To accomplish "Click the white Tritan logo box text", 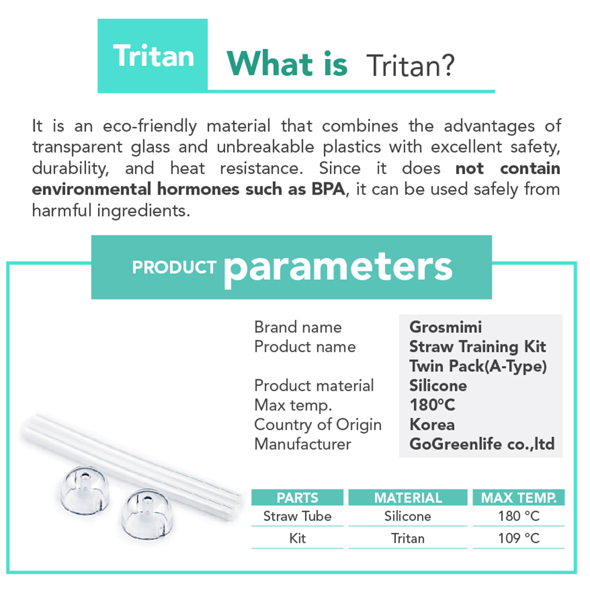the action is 153,55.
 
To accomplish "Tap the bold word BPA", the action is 328,189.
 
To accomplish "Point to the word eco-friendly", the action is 150,126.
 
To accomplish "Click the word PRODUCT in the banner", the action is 174,267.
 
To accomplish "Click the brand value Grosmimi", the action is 445,327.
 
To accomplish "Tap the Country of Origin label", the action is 318,425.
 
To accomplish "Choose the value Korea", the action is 432,425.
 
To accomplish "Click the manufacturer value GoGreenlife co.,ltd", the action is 482,444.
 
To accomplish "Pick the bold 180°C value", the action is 432,405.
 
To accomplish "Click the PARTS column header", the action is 297,497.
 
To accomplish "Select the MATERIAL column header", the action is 408,497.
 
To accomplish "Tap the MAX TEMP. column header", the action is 519,497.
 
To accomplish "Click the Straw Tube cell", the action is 297,516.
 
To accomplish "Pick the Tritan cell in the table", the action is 408,539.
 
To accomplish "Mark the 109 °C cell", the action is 519,539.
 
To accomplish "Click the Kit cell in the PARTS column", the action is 297,539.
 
